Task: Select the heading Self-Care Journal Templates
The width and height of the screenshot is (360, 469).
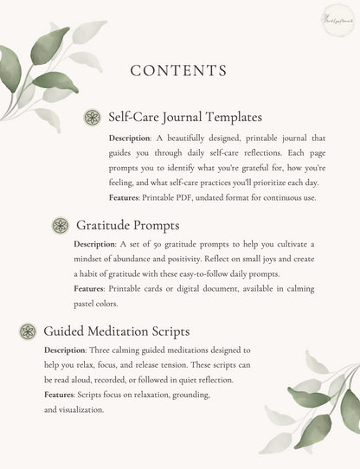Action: [185, 117]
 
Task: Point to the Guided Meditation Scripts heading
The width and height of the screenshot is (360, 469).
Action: [116, 331]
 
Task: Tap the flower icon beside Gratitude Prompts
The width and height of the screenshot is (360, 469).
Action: [61, 226]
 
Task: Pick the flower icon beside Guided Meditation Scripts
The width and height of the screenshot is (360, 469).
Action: [28, 331]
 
